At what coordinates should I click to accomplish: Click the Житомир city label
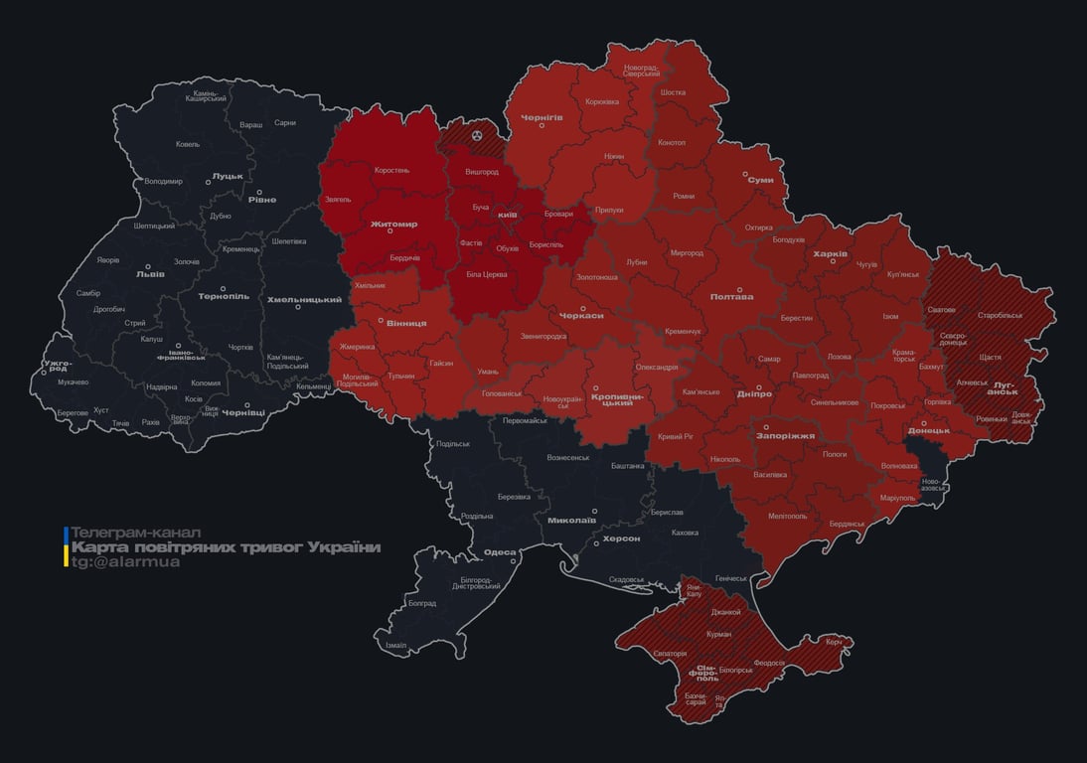pos(393,225)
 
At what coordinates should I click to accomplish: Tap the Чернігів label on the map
pos(542,117)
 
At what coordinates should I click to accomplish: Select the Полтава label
pos(731,296)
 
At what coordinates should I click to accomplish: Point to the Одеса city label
pos(500,552)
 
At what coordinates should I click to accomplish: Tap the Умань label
pos(488,371)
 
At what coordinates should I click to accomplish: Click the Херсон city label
pos(621,538)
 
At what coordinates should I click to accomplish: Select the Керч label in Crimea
pos(834,642)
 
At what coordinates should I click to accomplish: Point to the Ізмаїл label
pos(395,645)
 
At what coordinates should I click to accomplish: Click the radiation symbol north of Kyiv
pos(477,133)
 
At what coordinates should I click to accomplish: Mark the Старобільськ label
pos(1000,316)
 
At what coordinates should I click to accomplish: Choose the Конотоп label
pos(672,142)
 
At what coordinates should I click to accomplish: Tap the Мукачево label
pos(74,381)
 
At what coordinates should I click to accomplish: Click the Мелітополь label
pos(788,516)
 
